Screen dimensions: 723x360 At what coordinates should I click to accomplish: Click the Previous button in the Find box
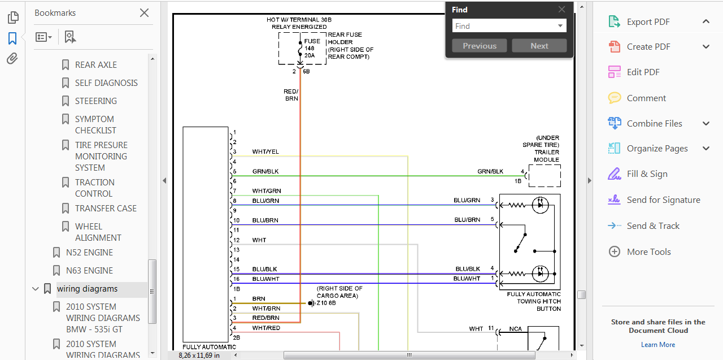480,46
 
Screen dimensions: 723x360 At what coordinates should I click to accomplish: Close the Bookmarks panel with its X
144,13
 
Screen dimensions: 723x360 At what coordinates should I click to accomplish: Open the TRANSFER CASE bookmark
106,209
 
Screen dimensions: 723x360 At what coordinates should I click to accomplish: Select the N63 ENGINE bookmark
89,271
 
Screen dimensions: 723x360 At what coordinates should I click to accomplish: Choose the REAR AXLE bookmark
96,65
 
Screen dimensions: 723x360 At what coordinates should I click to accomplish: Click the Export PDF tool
648,22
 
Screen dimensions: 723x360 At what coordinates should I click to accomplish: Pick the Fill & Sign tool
647,174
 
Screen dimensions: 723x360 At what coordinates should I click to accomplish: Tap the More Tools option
649,252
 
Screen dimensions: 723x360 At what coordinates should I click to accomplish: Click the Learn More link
658,345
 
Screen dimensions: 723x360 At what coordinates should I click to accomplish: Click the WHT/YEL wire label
265,152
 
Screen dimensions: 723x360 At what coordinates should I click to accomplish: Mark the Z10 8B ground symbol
311,303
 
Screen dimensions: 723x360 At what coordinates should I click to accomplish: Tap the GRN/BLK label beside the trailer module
490,171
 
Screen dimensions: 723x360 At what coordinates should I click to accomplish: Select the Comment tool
646,98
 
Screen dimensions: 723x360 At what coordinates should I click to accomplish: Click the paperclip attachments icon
12,59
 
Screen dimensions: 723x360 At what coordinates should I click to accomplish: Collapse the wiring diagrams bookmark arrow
36,289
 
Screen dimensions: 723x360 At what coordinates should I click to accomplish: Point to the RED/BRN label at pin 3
265,318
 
